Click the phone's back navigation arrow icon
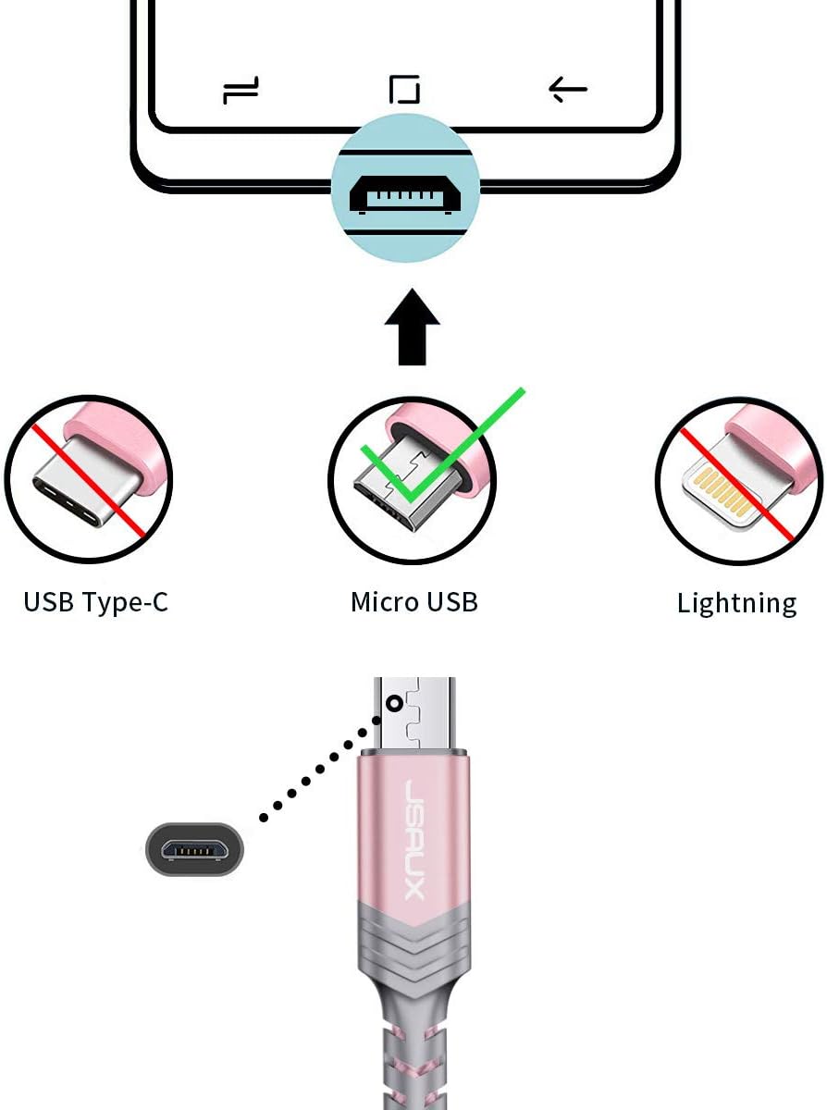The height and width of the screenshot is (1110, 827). point(568,90)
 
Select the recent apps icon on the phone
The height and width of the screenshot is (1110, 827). point(241,90)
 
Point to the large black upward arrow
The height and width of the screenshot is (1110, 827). point(412,327)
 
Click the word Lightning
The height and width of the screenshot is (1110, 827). point(736,603)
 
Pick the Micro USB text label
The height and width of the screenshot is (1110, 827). point(414,601)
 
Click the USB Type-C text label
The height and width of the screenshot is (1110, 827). point(95,601)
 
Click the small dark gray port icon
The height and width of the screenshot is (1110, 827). point(194,849)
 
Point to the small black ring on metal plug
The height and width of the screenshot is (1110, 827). point(395,704)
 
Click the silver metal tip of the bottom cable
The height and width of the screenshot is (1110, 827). point(414,714)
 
